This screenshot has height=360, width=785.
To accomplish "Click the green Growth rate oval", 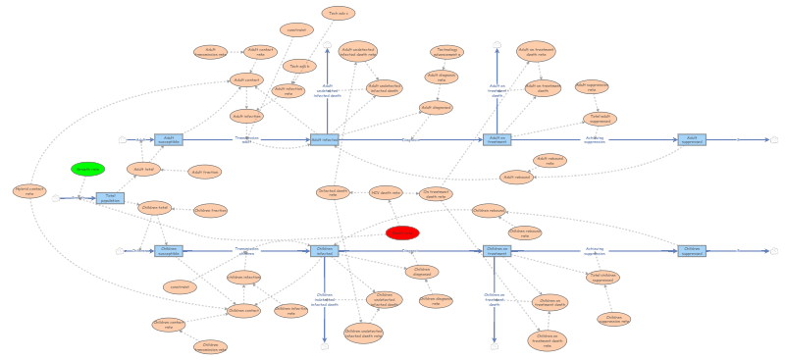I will [x=87, y=169].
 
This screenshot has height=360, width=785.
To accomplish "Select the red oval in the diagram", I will [x=402, y=232].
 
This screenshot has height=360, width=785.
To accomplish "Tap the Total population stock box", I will [x=110, y=198].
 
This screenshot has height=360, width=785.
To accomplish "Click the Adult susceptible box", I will [x=169, y=139].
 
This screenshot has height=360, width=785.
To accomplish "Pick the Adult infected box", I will [x=325, y=139].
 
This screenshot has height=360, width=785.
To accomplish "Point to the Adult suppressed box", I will [x=692, y=139].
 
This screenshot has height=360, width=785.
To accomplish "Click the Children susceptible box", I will [x=169, y=250].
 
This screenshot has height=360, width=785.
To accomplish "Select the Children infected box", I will [x=325, y=250].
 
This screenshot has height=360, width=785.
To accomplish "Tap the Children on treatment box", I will [x=497, y=250].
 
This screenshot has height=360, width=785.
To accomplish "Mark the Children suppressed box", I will [x=692, y=250].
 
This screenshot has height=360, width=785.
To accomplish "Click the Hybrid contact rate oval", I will [x=29, y=191].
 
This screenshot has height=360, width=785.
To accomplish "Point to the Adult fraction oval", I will [x=205, y=172].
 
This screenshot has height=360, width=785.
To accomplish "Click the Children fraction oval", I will [x=210, y=210].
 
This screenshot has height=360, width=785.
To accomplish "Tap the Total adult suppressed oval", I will [x=600, y=119].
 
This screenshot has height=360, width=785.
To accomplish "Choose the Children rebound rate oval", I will [x=525, y=232].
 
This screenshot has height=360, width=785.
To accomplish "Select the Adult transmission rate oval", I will [x=210, y=52].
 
